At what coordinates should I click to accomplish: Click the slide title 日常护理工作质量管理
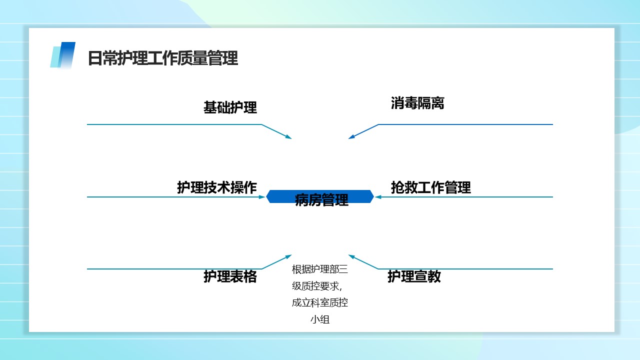click(163, 58)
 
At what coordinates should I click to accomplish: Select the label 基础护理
click(230, 107)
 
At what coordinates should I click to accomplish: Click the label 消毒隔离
click(417, 103)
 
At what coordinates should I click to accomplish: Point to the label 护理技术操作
click(217, 187)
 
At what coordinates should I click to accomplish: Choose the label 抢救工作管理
click(430, 187)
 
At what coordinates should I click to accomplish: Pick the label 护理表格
click(230, 276)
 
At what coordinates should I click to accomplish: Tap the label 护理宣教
click(414, 276)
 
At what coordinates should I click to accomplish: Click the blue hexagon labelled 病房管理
click(320, 196)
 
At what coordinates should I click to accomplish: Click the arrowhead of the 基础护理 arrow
click(288, 137)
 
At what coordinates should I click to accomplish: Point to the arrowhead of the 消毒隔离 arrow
click(351, 137)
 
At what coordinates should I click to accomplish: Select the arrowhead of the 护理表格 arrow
click(288, 257)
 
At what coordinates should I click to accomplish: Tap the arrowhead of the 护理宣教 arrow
click(351, 257)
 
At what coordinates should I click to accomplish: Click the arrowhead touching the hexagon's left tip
click(262, 197)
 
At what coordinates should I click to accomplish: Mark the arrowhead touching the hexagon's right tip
click(378, 197)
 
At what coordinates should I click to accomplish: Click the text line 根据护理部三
click(320, 269)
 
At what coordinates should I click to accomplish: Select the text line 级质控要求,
click(317, 285)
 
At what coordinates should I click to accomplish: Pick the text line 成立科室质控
click(320, 302)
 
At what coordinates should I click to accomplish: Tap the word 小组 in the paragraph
click(320, 319)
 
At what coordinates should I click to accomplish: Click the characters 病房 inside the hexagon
click(308, 199)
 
